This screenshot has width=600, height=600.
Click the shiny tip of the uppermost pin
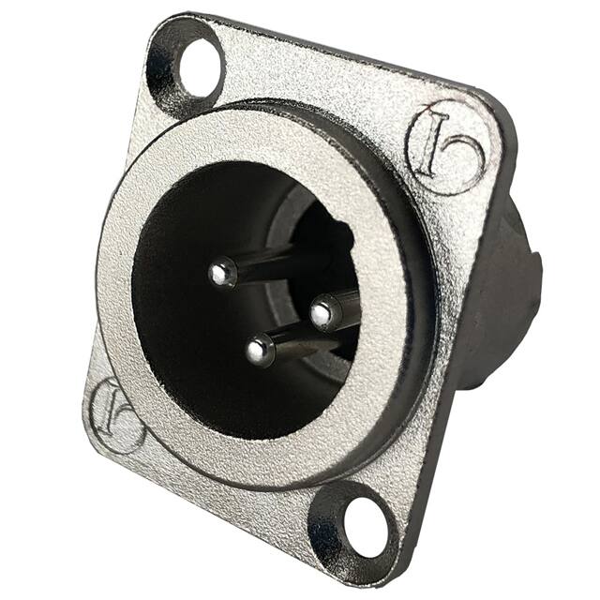click(221, 273)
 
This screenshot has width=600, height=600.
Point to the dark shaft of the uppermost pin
click(272, 265)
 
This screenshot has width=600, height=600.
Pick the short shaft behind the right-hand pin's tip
click(347, 305)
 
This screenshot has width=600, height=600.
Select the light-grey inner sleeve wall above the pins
click(309, 206)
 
